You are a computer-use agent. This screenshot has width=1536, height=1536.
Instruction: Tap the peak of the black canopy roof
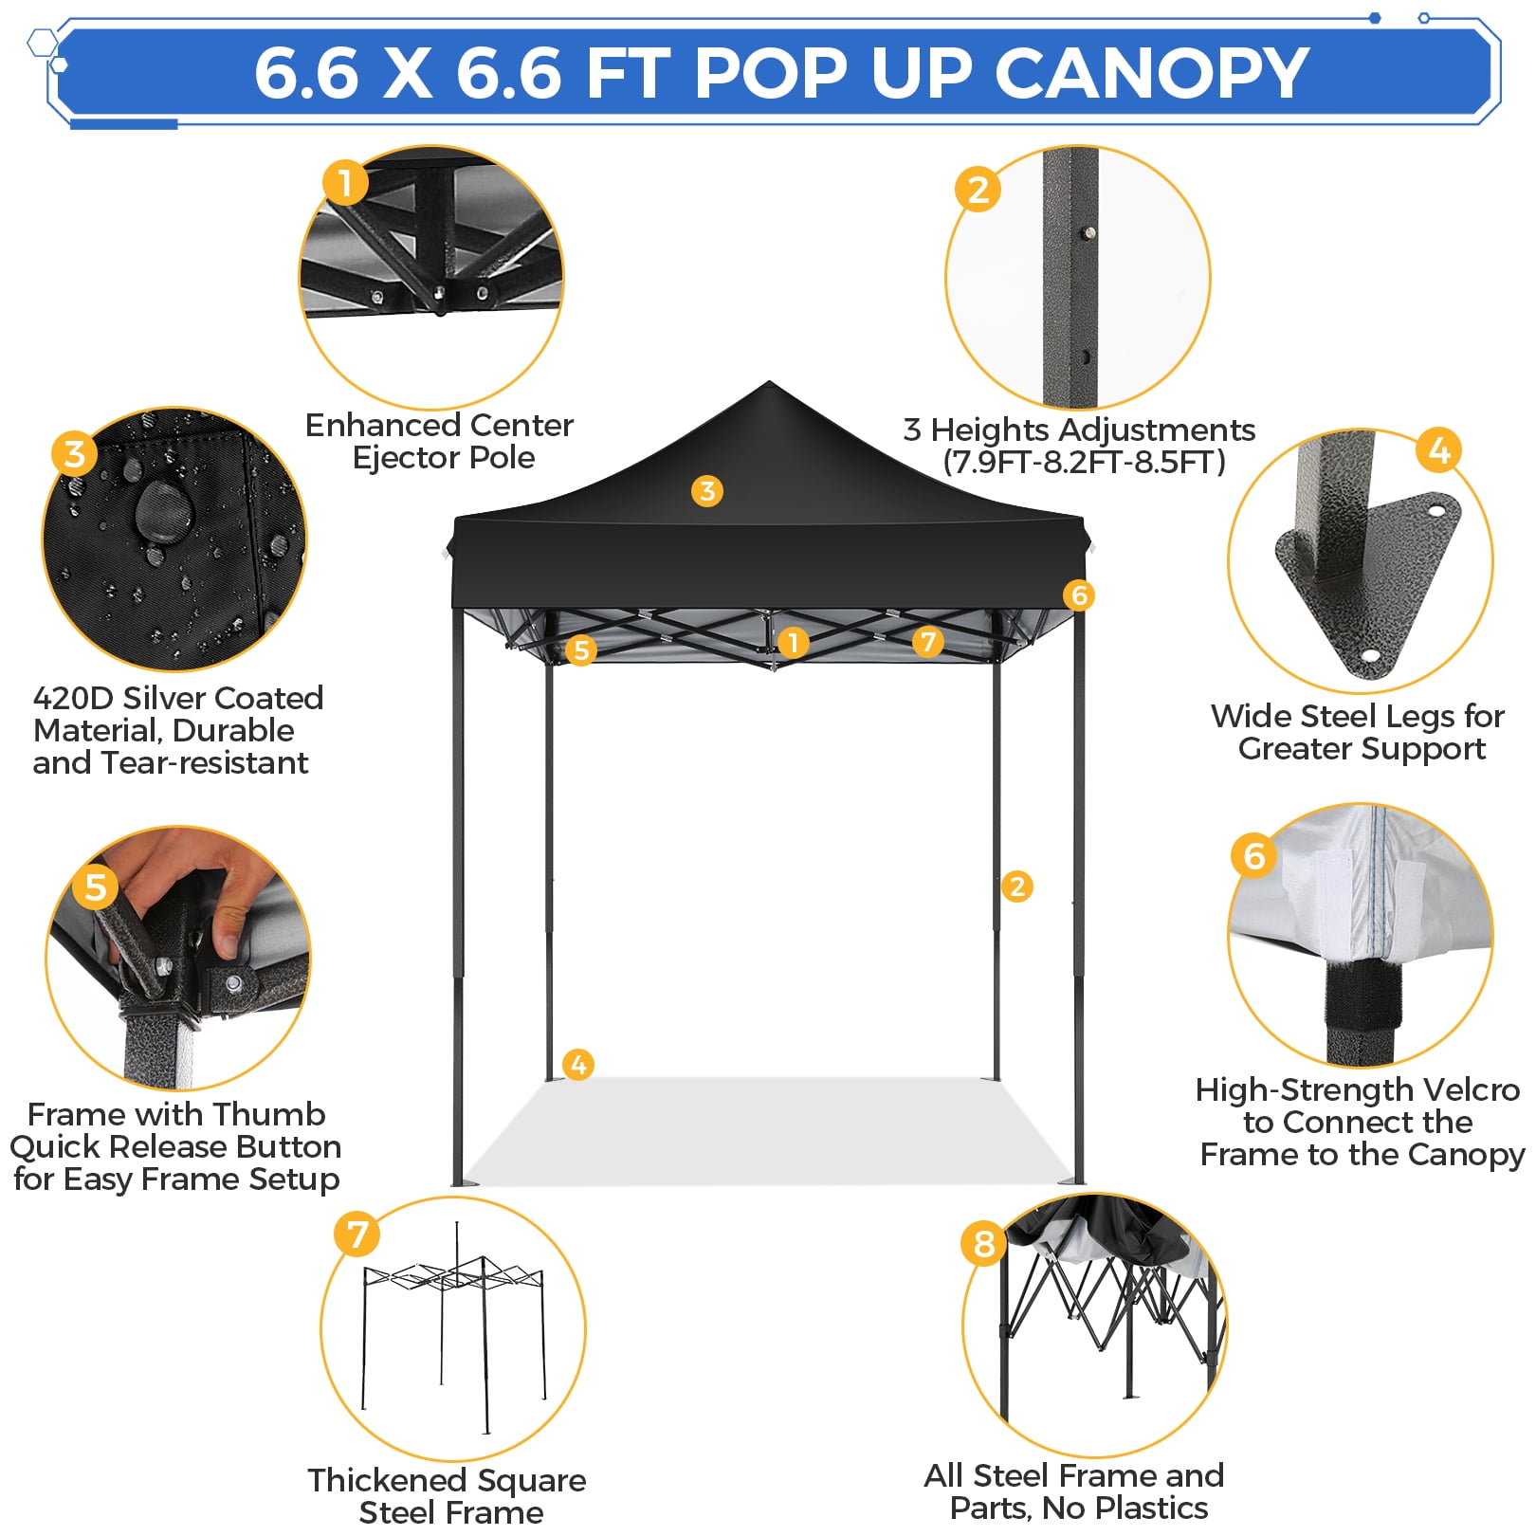point(769,382)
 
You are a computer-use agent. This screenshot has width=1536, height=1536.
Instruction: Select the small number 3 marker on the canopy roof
point(706,491)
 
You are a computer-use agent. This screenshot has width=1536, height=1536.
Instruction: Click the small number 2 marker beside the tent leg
point(1017,887)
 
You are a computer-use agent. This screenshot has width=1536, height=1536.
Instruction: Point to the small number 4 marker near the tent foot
point(578,1064)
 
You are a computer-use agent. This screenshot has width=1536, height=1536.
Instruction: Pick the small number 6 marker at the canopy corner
point(1078,595)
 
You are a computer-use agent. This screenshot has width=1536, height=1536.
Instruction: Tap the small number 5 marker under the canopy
point(580,649)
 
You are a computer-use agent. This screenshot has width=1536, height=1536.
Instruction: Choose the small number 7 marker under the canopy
point(928,642)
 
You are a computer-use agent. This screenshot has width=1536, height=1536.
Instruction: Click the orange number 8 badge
point(984,1243)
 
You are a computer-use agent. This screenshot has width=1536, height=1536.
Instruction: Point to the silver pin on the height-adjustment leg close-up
point(1090,232)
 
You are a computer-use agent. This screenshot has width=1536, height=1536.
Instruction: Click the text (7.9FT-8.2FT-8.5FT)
point(1085,463)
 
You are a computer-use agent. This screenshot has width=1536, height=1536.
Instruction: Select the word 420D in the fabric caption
point(73,698)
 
